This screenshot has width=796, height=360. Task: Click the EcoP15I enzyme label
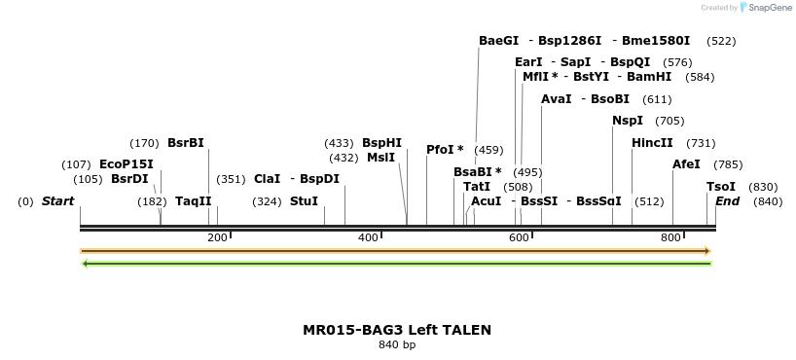[127, 164]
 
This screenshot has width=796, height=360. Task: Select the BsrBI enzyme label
[186, 143]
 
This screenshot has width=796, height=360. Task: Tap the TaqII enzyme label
[194, 201]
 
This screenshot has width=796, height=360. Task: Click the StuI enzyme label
[304, 201]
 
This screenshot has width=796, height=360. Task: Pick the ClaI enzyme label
[267, 179]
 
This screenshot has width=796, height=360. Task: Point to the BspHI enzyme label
[381, 143]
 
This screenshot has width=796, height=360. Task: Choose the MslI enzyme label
[380, 158]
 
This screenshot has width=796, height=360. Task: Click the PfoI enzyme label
[441, 150]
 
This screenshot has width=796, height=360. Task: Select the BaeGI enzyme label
[498, 41]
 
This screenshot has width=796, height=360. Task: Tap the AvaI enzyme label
[556, 99]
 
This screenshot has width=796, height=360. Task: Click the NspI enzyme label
[627, 121]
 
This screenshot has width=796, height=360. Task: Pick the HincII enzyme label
[652, 143]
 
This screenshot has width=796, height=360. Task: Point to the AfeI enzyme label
[686, 164]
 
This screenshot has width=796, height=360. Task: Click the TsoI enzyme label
[721, 187]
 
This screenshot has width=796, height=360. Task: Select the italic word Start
[57, 201]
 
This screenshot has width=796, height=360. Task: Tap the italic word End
[727, 201]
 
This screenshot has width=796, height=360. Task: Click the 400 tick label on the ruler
[368, 237]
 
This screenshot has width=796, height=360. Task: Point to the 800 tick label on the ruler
[670, 237]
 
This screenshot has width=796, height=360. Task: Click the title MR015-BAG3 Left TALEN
[397, 330]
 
